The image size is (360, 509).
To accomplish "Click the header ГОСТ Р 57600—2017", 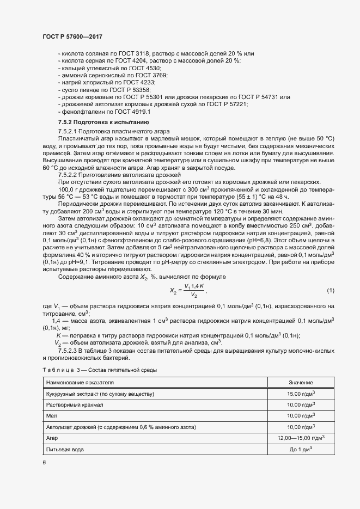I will point(72,36).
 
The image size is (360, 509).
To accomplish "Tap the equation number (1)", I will point(331,290).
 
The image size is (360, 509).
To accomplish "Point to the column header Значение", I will point(301,383).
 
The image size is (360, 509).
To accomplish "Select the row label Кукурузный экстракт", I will point(102,394).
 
